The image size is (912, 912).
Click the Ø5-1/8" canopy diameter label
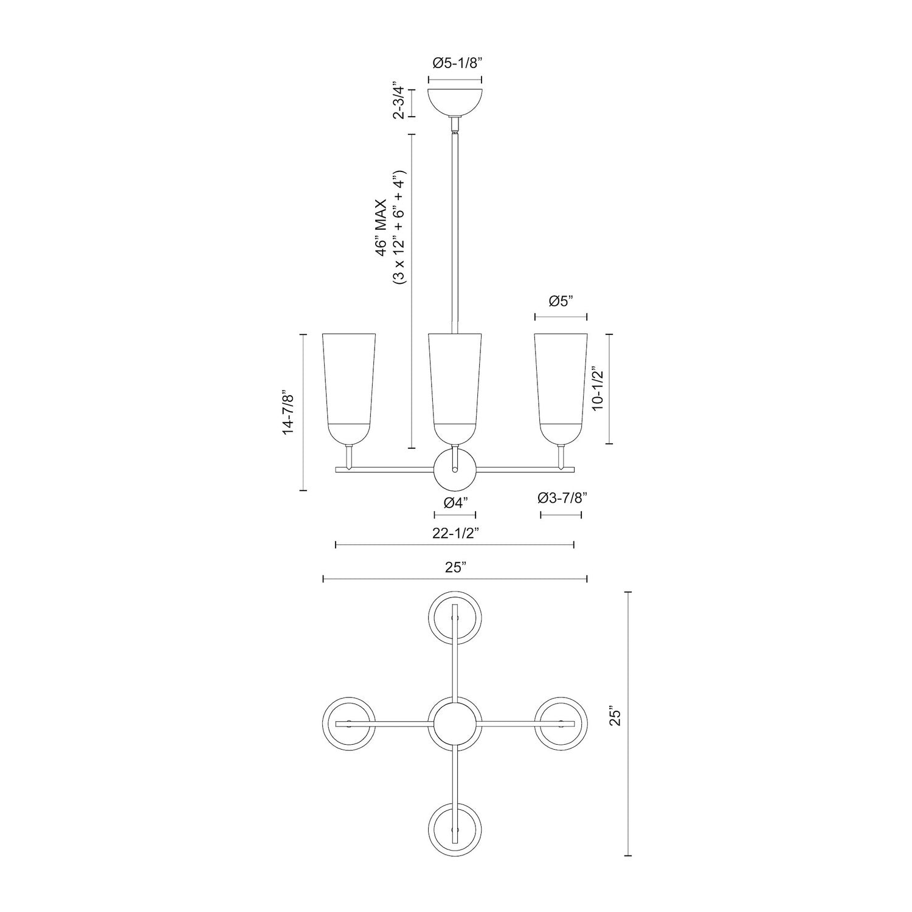455,63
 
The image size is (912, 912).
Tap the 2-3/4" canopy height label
399,102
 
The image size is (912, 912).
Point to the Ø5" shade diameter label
561,302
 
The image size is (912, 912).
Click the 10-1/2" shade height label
598,389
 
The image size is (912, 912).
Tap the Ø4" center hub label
455,502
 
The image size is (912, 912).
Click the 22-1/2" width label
455,533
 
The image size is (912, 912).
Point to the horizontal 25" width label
455,568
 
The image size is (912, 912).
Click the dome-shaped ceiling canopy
455,102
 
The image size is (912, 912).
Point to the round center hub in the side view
455,469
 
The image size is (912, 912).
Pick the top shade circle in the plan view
455,617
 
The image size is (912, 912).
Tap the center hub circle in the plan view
455,724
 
